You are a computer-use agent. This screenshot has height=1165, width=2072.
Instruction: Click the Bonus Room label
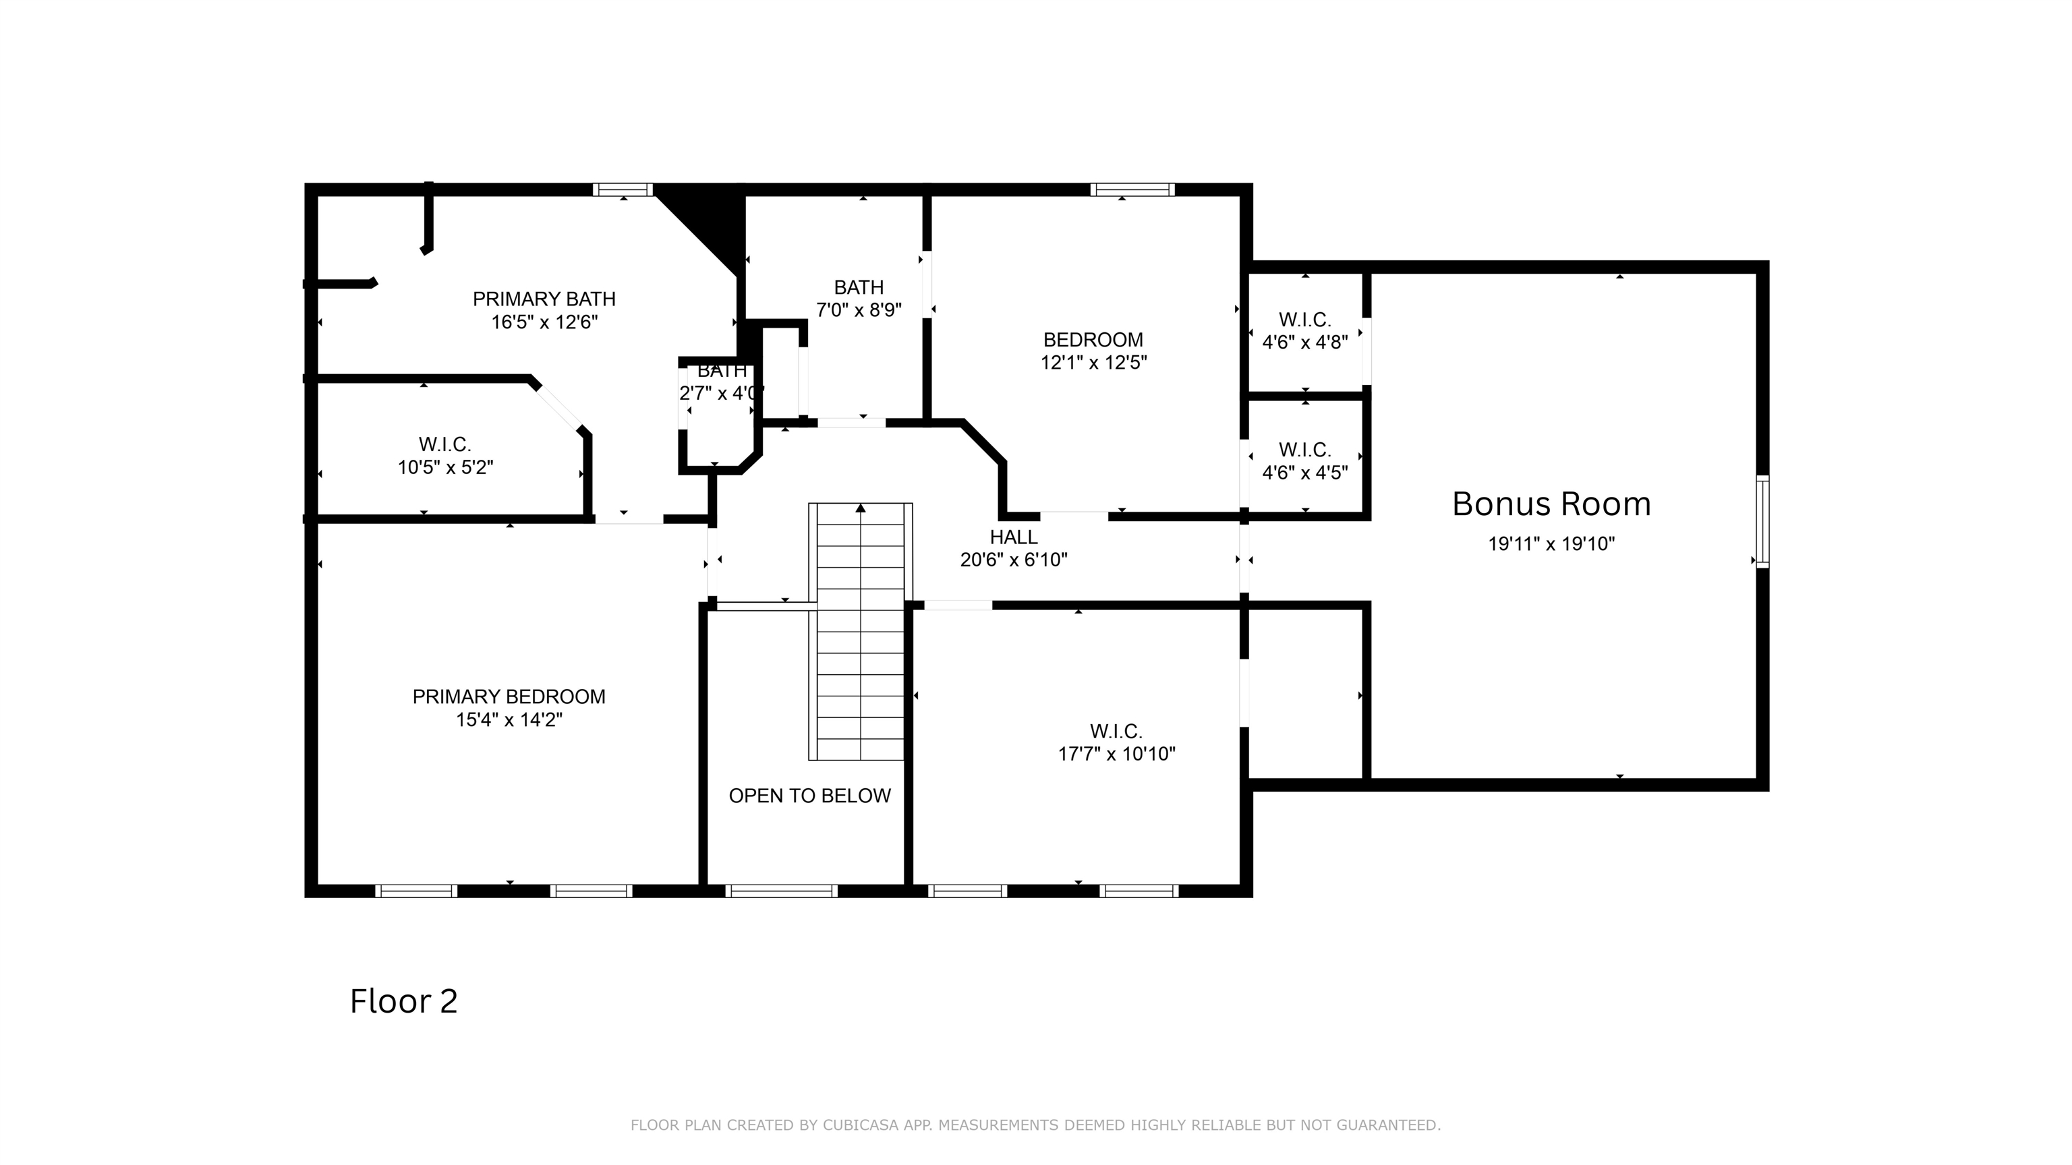(1551, 504)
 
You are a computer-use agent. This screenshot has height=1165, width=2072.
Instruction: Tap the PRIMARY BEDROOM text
(509, 696)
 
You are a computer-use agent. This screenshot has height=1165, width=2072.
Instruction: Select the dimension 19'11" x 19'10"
(1551, 544)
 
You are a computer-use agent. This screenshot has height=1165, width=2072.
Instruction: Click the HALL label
(1014, 536)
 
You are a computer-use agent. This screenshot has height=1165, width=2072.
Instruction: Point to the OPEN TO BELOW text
(810, 795)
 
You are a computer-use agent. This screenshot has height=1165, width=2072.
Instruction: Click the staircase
(861, 631)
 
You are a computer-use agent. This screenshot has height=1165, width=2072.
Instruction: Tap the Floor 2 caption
(404, 1001)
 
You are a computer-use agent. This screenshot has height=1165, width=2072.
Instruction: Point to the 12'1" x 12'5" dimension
(1094, 363)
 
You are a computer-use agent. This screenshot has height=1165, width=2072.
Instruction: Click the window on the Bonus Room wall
(1762, 521)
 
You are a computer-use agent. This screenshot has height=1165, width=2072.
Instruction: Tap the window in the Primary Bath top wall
(623, 189)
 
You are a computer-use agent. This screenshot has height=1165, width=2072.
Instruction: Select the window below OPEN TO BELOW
(782, 891)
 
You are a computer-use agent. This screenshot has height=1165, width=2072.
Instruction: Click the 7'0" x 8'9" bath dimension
(859, 310)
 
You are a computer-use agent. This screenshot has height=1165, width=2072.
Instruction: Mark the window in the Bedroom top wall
(1132, 189)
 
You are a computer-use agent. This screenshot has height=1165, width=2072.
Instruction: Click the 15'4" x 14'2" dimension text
(509, 719)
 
